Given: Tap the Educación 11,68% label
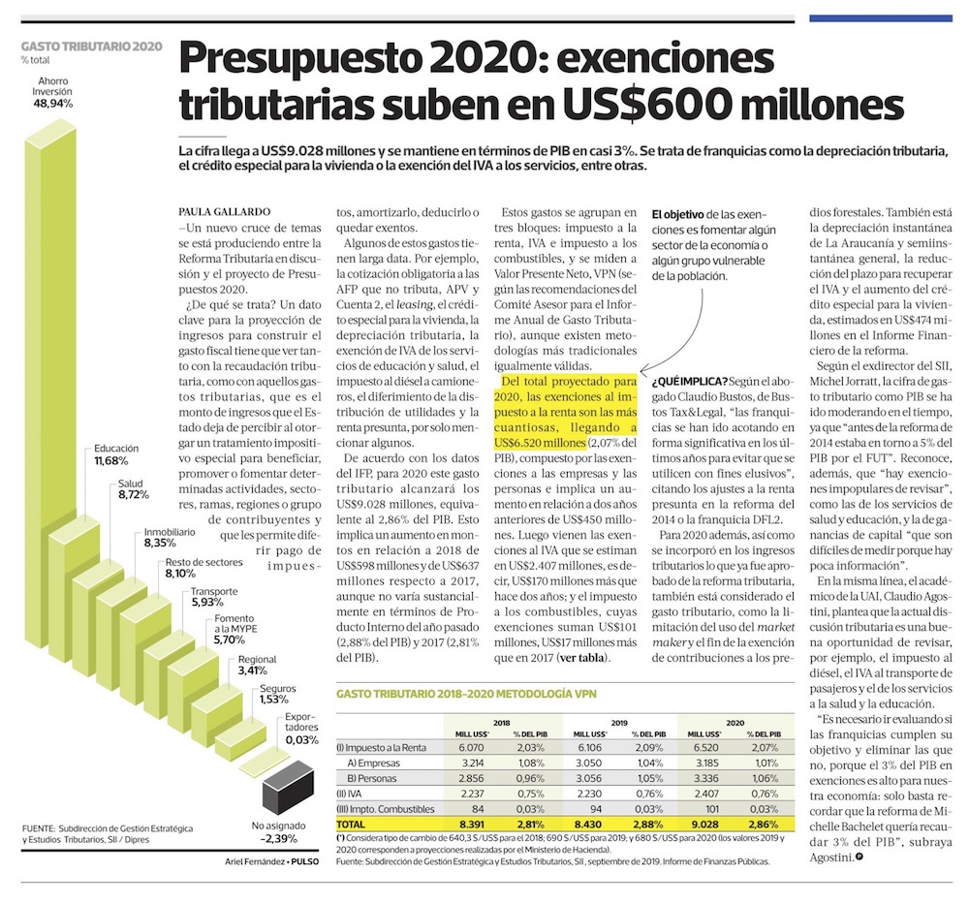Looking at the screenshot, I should pyautogui.click(x=116, y=455).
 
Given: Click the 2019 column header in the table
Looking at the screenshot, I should pyautogui.click(x=618, y=722).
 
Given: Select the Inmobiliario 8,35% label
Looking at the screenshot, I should pyautogui.click(x=172, y=538).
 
